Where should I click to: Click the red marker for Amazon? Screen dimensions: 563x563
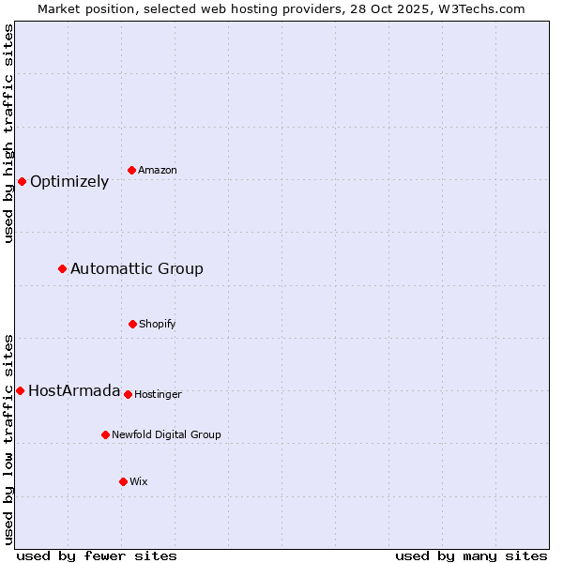[x=131, y=170]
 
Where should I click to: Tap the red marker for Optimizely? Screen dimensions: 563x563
[x=22, y=181]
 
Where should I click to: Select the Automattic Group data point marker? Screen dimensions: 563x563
[x=62, y=269]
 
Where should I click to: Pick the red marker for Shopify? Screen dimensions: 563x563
[x=132, y=324]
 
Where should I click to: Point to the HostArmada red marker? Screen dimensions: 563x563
[x=20, y=390]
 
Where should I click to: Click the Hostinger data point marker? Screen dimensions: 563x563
[x=128, y=394]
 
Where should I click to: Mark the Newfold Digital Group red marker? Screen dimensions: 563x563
[x=105, y=434]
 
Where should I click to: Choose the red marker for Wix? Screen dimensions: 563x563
[x=123, y=481]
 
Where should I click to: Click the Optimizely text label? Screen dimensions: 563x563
[x=69, y=182]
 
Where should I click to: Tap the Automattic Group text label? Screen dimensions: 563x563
[x=137, y=269]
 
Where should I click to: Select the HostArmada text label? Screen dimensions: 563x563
[x=74, y=391]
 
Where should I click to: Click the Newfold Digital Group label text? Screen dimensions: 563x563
[x=166, y=435]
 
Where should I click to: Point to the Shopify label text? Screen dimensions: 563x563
[x=158, y=325]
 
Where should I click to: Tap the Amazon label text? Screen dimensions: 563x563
[x=158, y=171]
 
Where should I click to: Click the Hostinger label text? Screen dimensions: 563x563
[x=158, y=395]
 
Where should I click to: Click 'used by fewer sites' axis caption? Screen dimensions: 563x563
[x=97, y=555]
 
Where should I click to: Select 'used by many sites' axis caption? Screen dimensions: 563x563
[x=471, y=555]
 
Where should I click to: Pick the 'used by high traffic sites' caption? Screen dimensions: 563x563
[x=8, y=133]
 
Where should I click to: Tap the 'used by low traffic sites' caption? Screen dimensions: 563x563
[x=8, y=439]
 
